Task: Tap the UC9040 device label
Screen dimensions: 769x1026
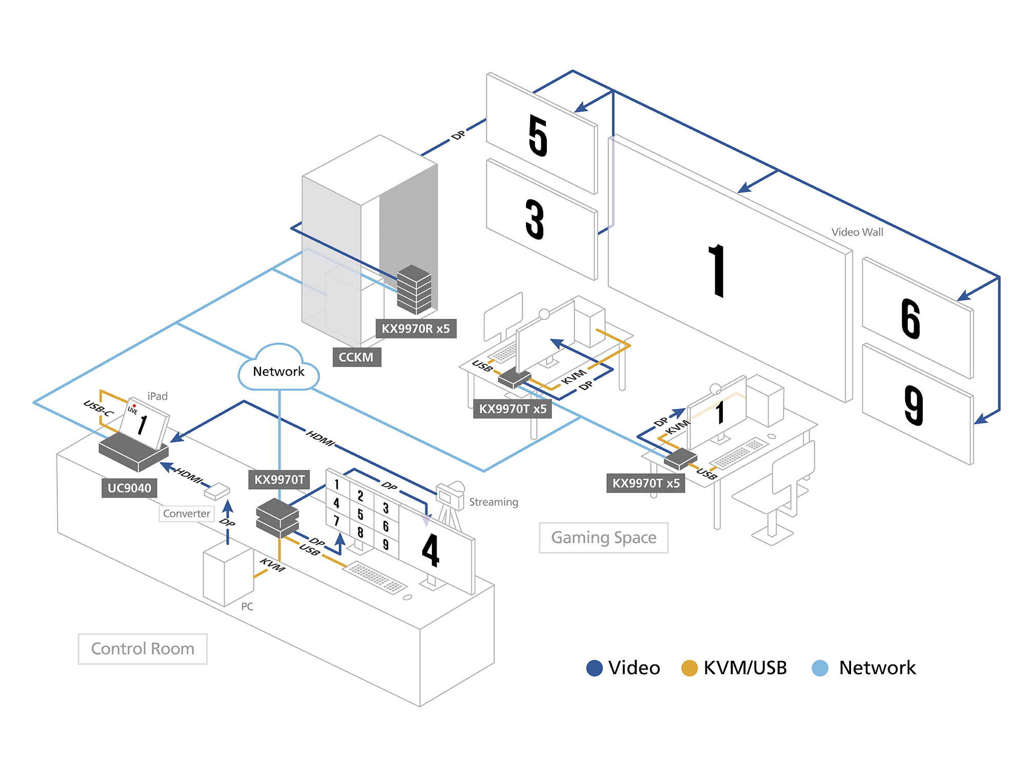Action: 129,488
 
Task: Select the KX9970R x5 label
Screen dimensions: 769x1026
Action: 416,329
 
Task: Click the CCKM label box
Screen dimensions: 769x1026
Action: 357,357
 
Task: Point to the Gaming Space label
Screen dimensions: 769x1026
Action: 603,538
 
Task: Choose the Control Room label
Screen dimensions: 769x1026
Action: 143,649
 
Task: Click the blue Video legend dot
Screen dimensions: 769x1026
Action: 594,668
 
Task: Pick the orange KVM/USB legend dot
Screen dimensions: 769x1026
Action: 689,668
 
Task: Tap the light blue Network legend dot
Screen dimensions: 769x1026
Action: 820,668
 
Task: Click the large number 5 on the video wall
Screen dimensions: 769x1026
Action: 538,135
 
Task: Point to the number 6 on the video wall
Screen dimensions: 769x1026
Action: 911,319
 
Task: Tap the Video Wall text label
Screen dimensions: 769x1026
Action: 857,232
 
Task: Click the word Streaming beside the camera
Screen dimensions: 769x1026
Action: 494,502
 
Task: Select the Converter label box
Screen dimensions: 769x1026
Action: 187,514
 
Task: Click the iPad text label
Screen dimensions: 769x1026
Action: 157,396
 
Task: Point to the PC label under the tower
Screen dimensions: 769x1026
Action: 247,606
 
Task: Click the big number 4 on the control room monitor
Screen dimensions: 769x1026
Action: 431,550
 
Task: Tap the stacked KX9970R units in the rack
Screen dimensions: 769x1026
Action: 414,290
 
